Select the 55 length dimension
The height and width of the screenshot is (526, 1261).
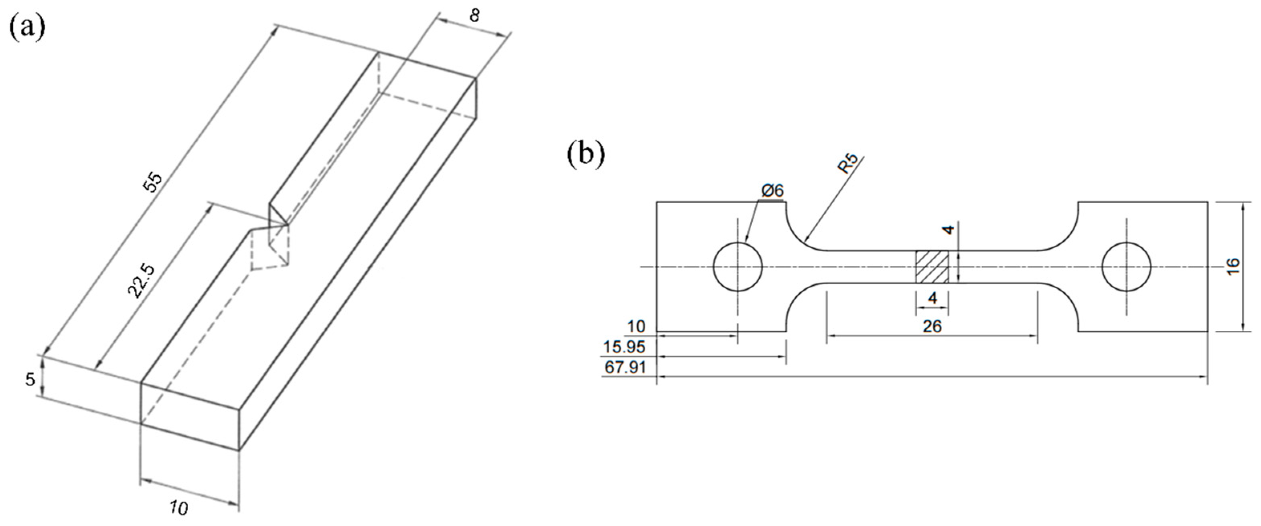[x=152, y=182]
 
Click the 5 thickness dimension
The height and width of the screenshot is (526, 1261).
[x=30, y=379]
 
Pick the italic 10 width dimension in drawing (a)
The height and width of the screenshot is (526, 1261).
[x=179, y=508]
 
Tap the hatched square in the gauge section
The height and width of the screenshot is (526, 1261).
[x=932, y=267]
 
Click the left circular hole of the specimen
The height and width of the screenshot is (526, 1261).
[x=738, y=267]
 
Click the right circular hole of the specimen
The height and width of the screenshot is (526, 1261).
[x=1126, y=267]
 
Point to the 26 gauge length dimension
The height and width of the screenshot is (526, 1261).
[x=932, y=326]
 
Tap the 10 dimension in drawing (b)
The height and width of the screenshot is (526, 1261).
[x=637, y=326]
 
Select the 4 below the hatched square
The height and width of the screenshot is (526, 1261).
[x=932, y=298]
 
